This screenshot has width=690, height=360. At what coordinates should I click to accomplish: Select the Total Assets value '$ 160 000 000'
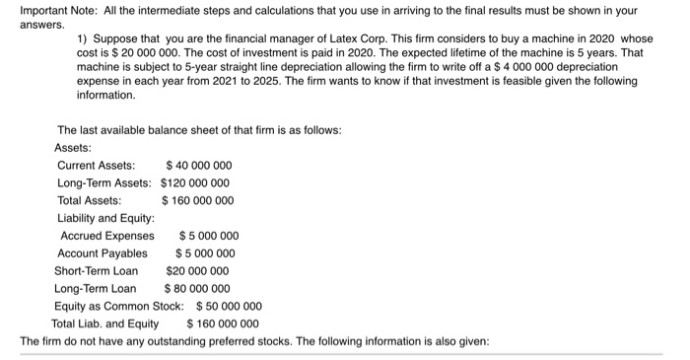tap(197, 200)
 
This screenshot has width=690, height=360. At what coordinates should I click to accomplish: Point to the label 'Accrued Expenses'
tap(107, 236)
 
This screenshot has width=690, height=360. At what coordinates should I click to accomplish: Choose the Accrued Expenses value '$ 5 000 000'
tap(208, 236)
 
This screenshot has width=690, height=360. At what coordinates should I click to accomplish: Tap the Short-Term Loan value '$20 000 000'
tap(197, 270)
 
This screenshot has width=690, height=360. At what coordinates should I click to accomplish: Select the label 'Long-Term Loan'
tap(95, 288)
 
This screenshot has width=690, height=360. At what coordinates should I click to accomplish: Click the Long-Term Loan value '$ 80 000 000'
tap(196, 288)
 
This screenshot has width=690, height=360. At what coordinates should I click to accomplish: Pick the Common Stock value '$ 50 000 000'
tap(230, 306)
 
